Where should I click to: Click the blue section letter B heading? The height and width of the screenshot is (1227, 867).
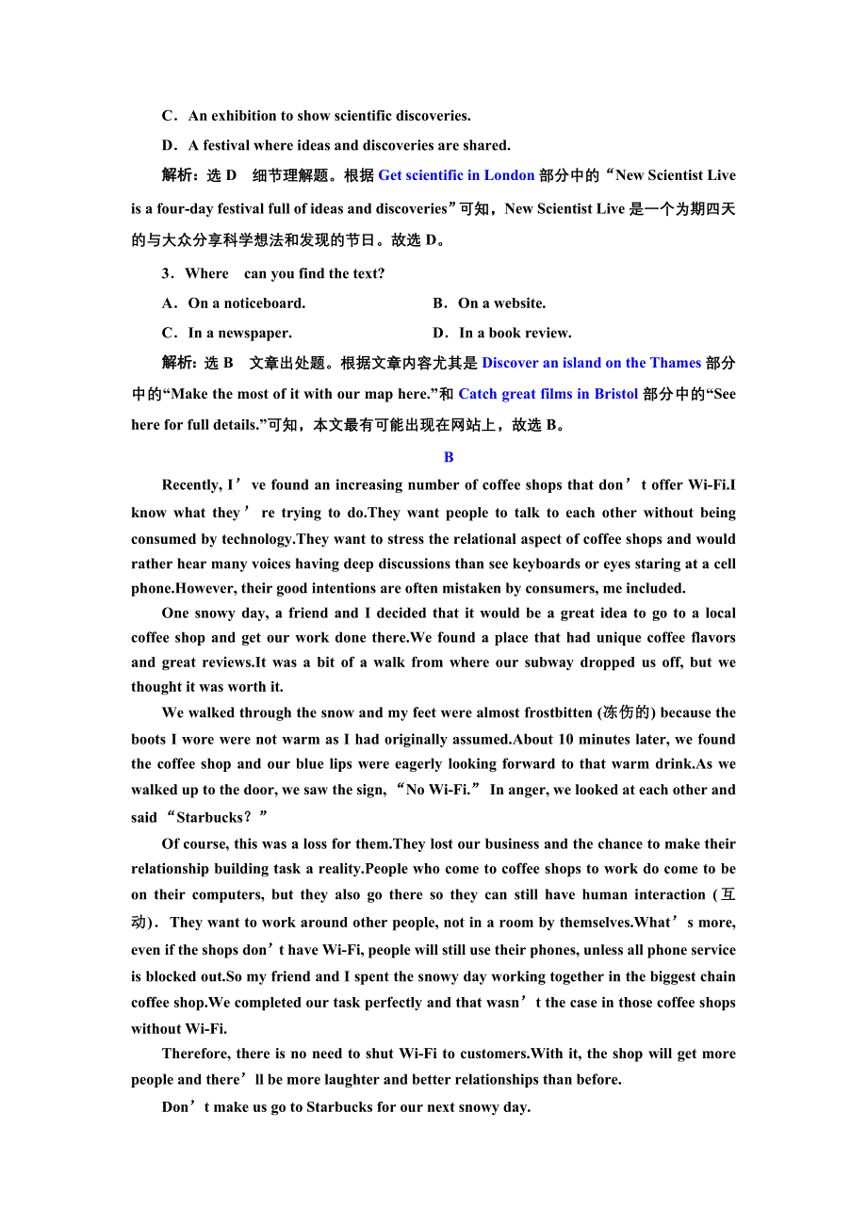[x=449, y=457]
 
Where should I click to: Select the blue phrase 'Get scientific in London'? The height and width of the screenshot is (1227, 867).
[x=456, y=175]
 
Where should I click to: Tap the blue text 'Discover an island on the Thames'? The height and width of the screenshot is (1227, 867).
[x=591, y=363]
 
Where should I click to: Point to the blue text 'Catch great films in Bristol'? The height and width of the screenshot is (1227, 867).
[x=548, y=394]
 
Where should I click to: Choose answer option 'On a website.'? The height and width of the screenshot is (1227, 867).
[x=501, y=303]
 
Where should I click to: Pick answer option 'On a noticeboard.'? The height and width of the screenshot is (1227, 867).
[x=246, y=303]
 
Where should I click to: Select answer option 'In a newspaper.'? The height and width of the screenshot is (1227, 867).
[x=239, y=333]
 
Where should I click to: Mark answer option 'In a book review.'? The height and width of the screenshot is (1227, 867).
[x=515, y=333]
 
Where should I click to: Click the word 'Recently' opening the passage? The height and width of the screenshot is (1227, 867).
[x=191, y=485]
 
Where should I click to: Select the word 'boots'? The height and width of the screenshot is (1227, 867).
[x=149, y=740]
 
